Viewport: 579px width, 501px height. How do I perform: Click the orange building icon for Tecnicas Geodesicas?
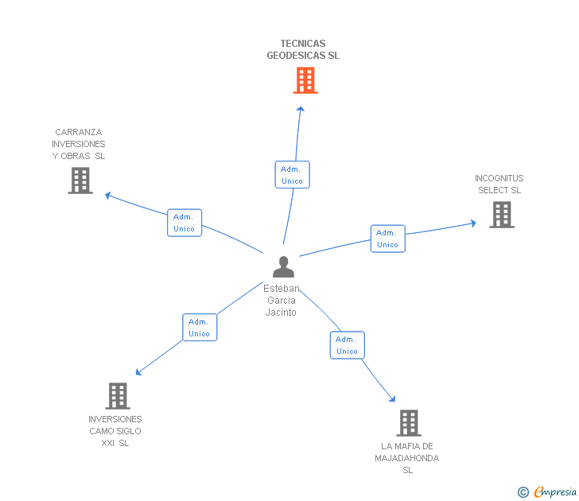coord(305,80)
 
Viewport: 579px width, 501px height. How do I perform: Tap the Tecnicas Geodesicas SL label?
coord(303,50)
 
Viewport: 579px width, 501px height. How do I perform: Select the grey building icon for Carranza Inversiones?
coord(80,181)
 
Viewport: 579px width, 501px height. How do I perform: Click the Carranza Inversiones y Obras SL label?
coord(79,144)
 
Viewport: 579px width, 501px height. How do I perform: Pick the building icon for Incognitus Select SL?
coord(501,215)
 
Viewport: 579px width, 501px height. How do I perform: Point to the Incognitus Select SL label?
coord(499,184)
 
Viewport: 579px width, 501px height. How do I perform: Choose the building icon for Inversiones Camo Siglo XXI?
coord(118,395)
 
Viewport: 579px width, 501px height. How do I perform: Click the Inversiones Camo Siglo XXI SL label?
coord(115,431)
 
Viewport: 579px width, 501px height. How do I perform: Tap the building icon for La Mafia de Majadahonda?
coord(408,422)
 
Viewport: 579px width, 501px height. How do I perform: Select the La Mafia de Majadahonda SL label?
coord(407,458)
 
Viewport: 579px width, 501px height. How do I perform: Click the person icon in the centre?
coord(283,266)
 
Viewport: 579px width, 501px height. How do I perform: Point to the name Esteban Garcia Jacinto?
coord(282,301)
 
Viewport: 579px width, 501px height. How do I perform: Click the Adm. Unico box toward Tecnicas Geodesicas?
coord(292,175)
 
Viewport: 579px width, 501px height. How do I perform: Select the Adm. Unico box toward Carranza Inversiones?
coord(185,223)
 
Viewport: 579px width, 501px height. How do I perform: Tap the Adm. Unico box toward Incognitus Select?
coord(387,239)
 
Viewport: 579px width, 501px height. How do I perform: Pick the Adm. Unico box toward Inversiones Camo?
coord(200,328)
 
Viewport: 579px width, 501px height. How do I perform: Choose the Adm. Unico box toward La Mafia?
coord(347,345)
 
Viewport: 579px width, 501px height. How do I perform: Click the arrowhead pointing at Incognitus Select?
coord(473,223)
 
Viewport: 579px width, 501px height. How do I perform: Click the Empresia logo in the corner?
coord(548,492)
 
